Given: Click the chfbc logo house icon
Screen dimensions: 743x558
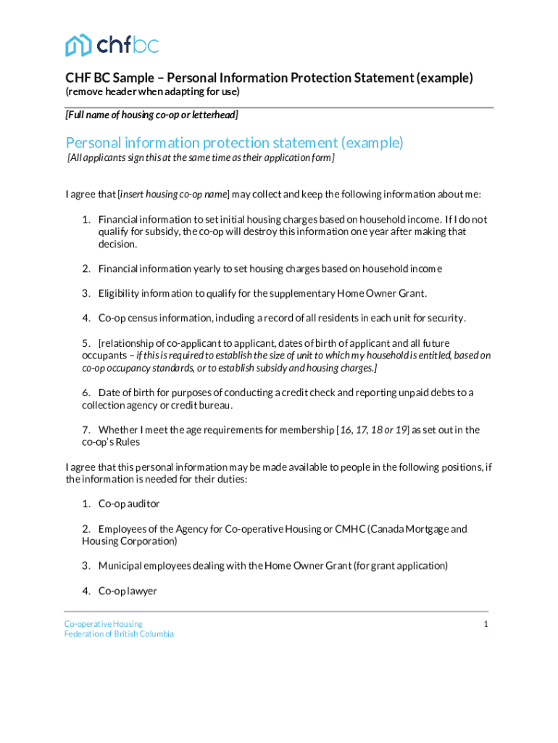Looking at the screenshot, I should pos(78,45).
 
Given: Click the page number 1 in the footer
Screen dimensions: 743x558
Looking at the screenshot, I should pos(486,625).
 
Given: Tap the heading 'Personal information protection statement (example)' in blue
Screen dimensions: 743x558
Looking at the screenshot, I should pos(234,142).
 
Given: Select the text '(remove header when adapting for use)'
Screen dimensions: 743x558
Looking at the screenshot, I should pos(152,92).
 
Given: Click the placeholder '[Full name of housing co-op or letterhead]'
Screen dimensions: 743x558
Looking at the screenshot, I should pos(151,115).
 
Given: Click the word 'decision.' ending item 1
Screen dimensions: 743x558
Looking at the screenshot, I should pos(117,245).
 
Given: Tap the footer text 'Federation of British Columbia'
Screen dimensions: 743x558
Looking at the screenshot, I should pos(119,634).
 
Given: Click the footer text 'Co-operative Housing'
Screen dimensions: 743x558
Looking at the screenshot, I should pos(103,624).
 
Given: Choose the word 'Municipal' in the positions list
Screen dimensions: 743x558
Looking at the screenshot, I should pos(121,565).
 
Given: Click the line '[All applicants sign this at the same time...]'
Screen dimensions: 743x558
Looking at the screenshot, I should pos(201,158).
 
